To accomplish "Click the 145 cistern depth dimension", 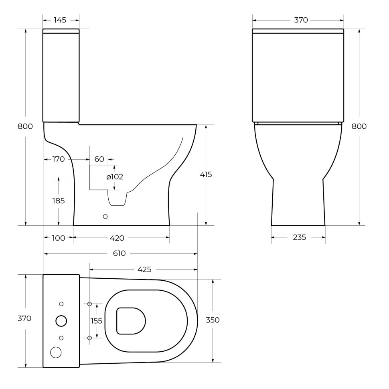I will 60,20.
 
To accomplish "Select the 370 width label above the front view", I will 301,20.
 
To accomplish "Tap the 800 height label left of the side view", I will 25,126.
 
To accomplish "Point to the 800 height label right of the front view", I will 359,126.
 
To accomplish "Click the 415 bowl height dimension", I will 206,174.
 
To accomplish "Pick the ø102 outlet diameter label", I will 115,177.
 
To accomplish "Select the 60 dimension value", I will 99,159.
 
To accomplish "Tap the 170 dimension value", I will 59,159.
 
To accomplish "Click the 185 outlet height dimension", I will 59,201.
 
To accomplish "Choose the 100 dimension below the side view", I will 59,238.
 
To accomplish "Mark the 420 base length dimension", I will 117,238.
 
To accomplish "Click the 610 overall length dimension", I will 119,253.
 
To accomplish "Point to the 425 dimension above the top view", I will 144,269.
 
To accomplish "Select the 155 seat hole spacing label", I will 97,321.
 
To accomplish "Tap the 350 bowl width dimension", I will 213,320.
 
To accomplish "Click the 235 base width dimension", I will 299,237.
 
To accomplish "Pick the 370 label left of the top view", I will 24,318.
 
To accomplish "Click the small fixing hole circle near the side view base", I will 105,217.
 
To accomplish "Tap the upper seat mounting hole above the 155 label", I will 89,304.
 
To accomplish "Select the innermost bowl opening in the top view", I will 131,321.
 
